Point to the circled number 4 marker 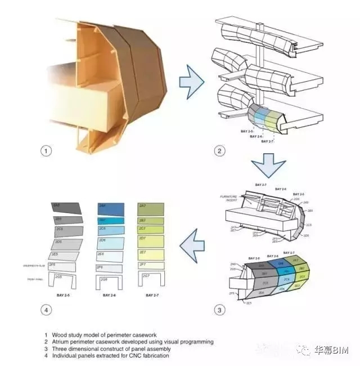click(47, 310)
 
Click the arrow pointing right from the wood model click(191, 85)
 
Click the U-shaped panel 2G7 click(151, 278)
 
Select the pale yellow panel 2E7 click(151, 253)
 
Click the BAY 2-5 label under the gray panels click(62, 295)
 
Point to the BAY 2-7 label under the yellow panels click(151, 295)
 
